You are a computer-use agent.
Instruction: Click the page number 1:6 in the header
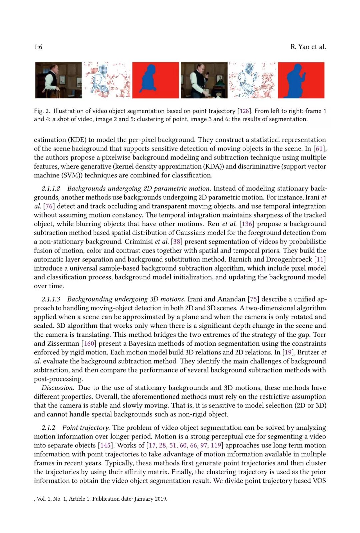(38, 47)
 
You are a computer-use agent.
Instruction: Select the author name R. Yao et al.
(308, 47)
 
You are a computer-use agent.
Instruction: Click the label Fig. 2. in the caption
(42, 111)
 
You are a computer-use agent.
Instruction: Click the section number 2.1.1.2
(51, 189)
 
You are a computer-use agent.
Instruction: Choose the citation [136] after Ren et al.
(246, 224)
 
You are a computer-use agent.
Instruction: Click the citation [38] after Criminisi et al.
(177, 242)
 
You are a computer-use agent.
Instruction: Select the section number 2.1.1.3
(51, 299)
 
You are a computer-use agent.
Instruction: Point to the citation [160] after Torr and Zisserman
(89, 343)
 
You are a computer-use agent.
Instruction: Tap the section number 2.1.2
(48, 428)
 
